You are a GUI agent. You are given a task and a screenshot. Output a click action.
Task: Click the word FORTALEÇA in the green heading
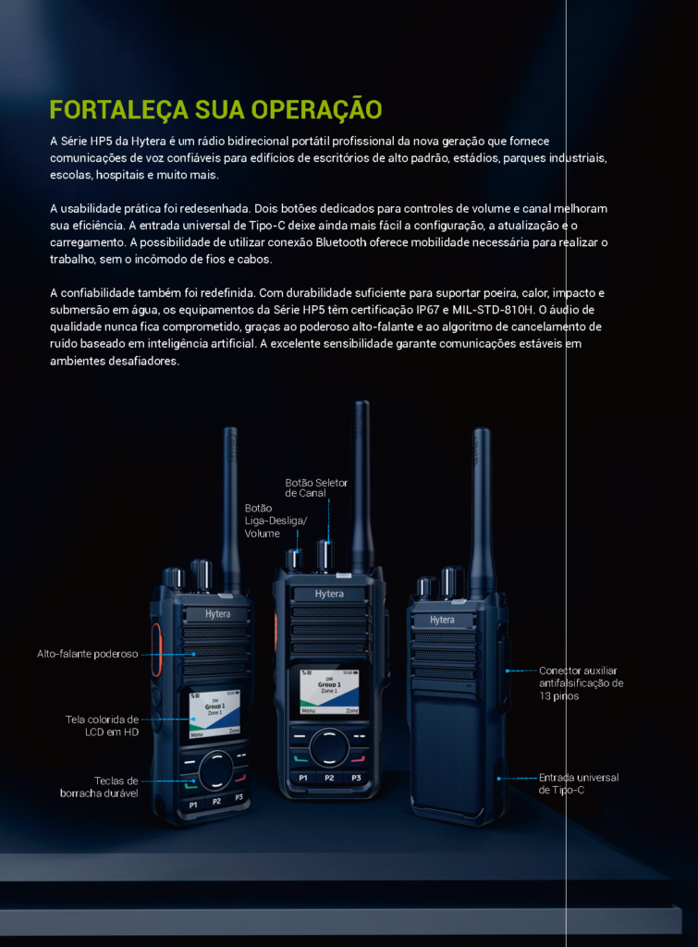pyautogui.click(x=119, y=110)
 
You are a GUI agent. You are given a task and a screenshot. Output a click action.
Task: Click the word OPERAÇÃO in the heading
pyautogui.click(x=316, y=109)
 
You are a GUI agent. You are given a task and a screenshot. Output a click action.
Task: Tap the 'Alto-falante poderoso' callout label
pyautogui.click(x=88, y=654)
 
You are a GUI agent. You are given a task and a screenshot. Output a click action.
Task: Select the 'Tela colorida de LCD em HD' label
pyautogui.click(x=102, y=726)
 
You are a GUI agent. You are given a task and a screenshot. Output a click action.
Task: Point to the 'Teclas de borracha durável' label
pyautogui.click(x=99, y=787)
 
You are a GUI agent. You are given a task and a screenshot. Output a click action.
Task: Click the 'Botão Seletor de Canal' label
pyautogui.click(x=316, y=487)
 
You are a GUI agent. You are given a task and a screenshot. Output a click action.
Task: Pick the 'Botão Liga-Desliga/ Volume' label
pyautogui.click(x=276, y=521)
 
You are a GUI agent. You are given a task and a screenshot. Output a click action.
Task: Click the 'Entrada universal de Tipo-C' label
pyautogui.click(x=579, y=784)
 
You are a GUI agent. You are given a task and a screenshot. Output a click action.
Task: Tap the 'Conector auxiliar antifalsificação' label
pyautogui.click(x=581, y=683)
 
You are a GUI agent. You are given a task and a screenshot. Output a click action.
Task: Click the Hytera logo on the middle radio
pyautogui.click(x=329, y=594)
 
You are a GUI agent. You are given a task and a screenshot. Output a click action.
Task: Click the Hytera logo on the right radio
pyautogui.click(x=442, y=620)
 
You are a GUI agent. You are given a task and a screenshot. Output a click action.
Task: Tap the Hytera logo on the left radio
pyautogui.click(x=217, y=614)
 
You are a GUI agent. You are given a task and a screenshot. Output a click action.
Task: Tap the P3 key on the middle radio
pyautogui.click(x=356, y=778)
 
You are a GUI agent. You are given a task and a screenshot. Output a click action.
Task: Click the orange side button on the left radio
pyautogui.click(x=156, y=650)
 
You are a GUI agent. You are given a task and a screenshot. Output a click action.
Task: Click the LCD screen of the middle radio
pyautogui.click(x=329, y=692)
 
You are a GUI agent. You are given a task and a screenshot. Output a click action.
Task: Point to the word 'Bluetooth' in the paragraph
pyautogui.click(x=341, y=242)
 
